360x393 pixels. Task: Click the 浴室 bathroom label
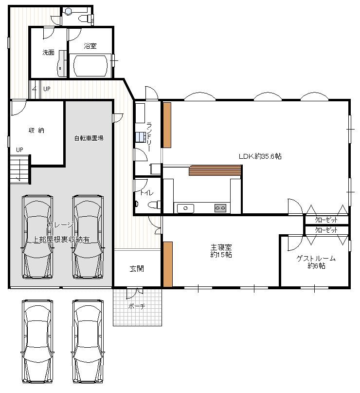tap(90, 46)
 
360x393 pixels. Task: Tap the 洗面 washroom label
tap(48, 52)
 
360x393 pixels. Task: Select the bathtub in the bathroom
tap(91, 65)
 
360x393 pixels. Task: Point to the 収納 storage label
tap(37, 130)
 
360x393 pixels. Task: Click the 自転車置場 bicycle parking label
tap(89, 138)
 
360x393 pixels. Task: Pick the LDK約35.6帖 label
tap(260, 156)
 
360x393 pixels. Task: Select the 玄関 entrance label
tap(137, 268)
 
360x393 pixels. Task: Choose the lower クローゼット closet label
tap(326, 230)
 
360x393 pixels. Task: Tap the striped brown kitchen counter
tap(215, 170)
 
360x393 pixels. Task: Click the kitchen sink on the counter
tap(185, 208)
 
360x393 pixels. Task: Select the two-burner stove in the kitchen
tap(220, 208)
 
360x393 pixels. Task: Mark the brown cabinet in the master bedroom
tap(167, 264)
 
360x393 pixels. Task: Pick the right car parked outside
tap(88, 340)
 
